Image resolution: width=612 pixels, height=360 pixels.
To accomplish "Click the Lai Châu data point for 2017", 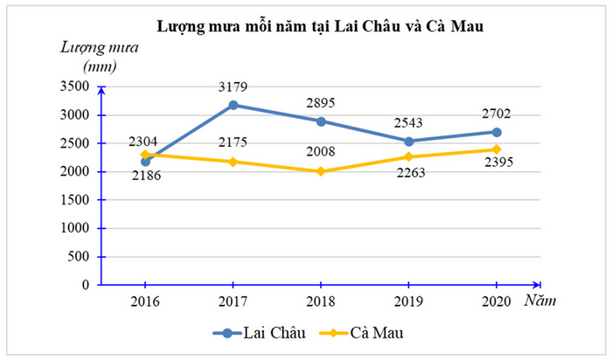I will (233, 105).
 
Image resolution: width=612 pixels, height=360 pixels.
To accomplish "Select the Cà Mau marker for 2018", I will (321, 171).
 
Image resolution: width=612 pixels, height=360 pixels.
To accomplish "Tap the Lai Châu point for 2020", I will (497, 132).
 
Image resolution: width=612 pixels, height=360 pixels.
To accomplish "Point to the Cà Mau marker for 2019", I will (409, 157).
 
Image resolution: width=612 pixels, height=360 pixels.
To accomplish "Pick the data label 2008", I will (321, 152).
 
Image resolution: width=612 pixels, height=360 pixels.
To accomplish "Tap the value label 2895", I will (321, 102).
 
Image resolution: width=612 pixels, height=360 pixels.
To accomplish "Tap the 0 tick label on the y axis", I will (86, 285).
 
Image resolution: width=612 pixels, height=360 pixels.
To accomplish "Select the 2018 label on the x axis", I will (321, 301).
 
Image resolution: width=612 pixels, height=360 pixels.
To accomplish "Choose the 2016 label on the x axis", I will (145, 301).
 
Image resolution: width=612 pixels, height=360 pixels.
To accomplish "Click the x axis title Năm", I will (543, 301).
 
